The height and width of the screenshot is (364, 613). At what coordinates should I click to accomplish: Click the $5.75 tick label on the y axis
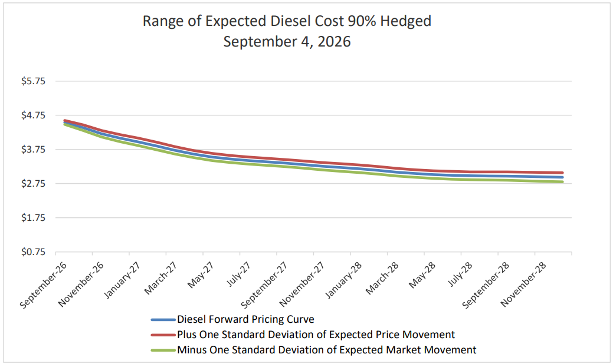tap(33, 81)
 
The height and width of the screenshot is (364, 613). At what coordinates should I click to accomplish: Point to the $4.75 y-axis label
tap(33, 115)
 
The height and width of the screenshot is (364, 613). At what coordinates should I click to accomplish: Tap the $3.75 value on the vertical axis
tap(33, 150)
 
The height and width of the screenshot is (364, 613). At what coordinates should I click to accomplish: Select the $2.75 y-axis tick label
tap(33, 183)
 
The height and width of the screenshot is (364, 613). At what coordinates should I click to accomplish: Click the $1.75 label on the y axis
tap(33, 218)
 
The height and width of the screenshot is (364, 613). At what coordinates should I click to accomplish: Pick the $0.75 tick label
tap(33, 252)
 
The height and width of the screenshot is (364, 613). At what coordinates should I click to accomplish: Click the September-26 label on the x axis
tap(43, 285)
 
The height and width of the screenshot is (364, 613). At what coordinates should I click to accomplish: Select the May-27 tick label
tap(200, 274)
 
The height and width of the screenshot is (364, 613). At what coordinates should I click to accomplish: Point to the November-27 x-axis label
tap(301, 284)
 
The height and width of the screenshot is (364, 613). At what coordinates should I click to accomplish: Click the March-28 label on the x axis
tap(382, 278)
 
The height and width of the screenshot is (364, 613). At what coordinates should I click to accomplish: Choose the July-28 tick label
tap(460, 274)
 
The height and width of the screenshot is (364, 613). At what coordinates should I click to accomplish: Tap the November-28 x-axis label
tap(523, 284)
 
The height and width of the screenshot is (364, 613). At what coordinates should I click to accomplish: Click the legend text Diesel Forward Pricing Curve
tap(245, 319)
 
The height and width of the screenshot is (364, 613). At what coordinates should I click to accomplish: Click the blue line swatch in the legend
tap(163, 320)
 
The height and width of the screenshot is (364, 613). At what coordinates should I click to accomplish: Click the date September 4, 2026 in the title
tap(287, 42)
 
